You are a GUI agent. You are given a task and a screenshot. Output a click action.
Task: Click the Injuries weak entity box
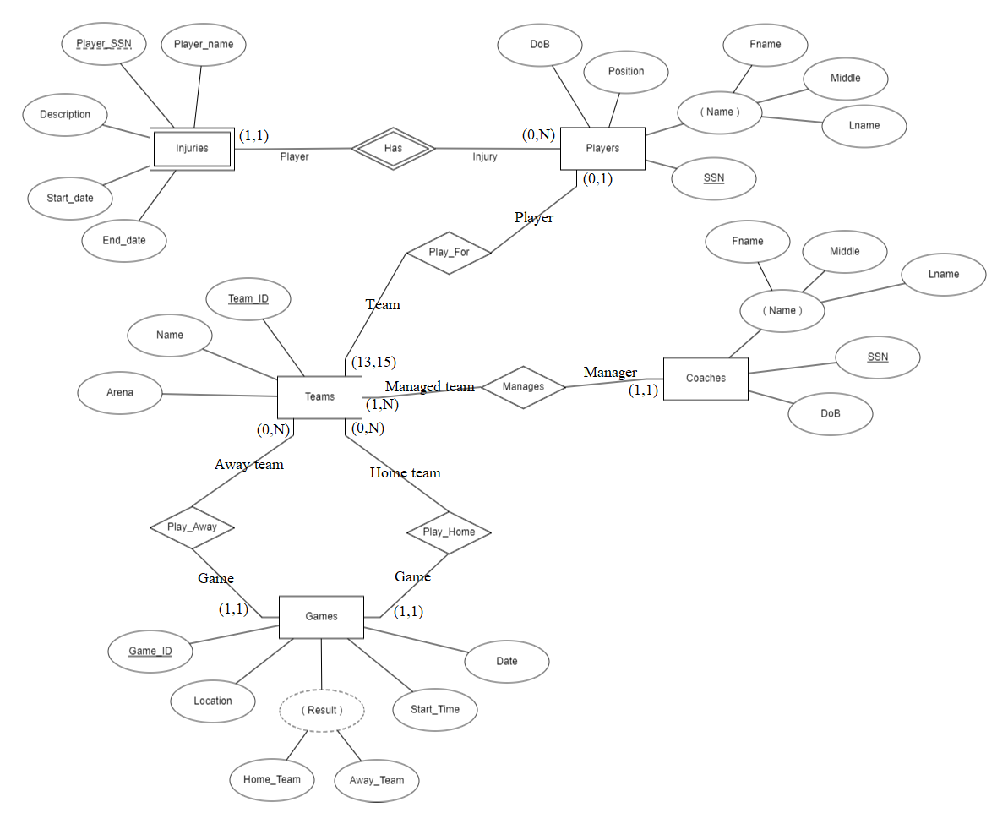[192, 150]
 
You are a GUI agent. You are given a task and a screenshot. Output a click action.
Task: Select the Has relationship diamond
[393, 148]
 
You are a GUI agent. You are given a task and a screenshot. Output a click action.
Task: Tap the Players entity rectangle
[602, 149]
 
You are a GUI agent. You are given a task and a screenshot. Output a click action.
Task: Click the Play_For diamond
[449, 253]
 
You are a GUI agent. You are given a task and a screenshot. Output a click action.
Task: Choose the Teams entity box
[319, 396]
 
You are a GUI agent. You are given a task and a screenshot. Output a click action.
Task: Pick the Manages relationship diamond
[523, 387]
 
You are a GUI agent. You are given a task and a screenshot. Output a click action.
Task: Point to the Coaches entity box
[706, 379]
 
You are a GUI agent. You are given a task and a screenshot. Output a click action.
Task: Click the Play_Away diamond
[192, 527]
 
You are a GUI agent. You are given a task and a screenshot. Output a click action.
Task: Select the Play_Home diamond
[449, 532]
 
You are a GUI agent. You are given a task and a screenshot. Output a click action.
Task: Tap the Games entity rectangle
[321, 617]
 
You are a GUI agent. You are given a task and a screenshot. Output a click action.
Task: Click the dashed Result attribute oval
[322, 711]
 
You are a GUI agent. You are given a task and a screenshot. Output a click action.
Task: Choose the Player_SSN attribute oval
[104, 43]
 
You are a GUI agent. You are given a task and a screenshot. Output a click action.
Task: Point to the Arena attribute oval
[120, 393]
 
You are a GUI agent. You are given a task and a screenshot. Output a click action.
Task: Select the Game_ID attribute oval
[150, 652]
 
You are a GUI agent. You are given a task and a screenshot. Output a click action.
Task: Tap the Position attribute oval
[626, 72]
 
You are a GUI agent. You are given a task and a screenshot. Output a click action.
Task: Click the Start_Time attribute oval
[435, 710]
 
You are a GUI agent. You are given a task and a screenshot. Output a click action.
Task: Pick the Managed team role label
[430, 386]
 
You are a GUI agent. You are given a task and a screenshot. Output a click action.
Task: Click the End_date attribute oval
[124, 241]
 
